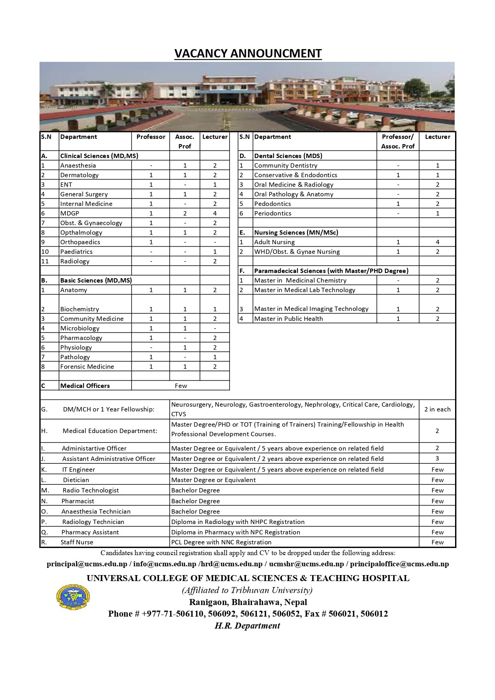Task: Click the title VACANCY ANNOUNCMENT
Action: [248, 53]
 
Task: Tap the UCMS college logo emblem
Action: [73, 597]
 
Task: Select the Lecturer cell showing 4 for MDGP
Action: [215, 213]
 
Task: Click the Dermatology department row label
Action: [79, 175]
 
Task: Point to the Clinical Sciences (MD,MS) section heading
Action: [99, 156]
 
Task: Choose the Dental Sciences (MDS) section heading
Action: [288, 156]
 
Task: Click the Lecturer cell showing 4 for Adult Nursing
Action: [438, 242]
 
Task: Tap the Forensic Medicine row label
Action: [87, 366]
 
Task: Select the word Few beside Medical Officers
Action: [181, 386]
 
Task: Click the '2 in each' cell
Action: [437, 409]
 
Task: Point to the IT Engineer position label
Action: [79, 469]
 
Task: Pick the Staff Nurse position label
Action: [77, 542]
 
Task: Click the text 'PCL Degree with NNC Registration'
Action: [221, 542]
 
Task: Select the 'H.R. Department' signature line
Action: [247, 625]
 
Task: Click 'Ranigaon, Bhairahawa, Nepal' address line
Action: [248, 602]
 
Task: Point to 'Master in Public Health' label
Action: [288, 318]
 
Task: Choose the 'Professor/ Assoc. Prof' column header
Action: [398, 141]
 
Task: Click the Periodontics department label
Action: [273, 213]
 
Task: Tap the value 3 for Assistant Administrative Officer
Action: [437, 459]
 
